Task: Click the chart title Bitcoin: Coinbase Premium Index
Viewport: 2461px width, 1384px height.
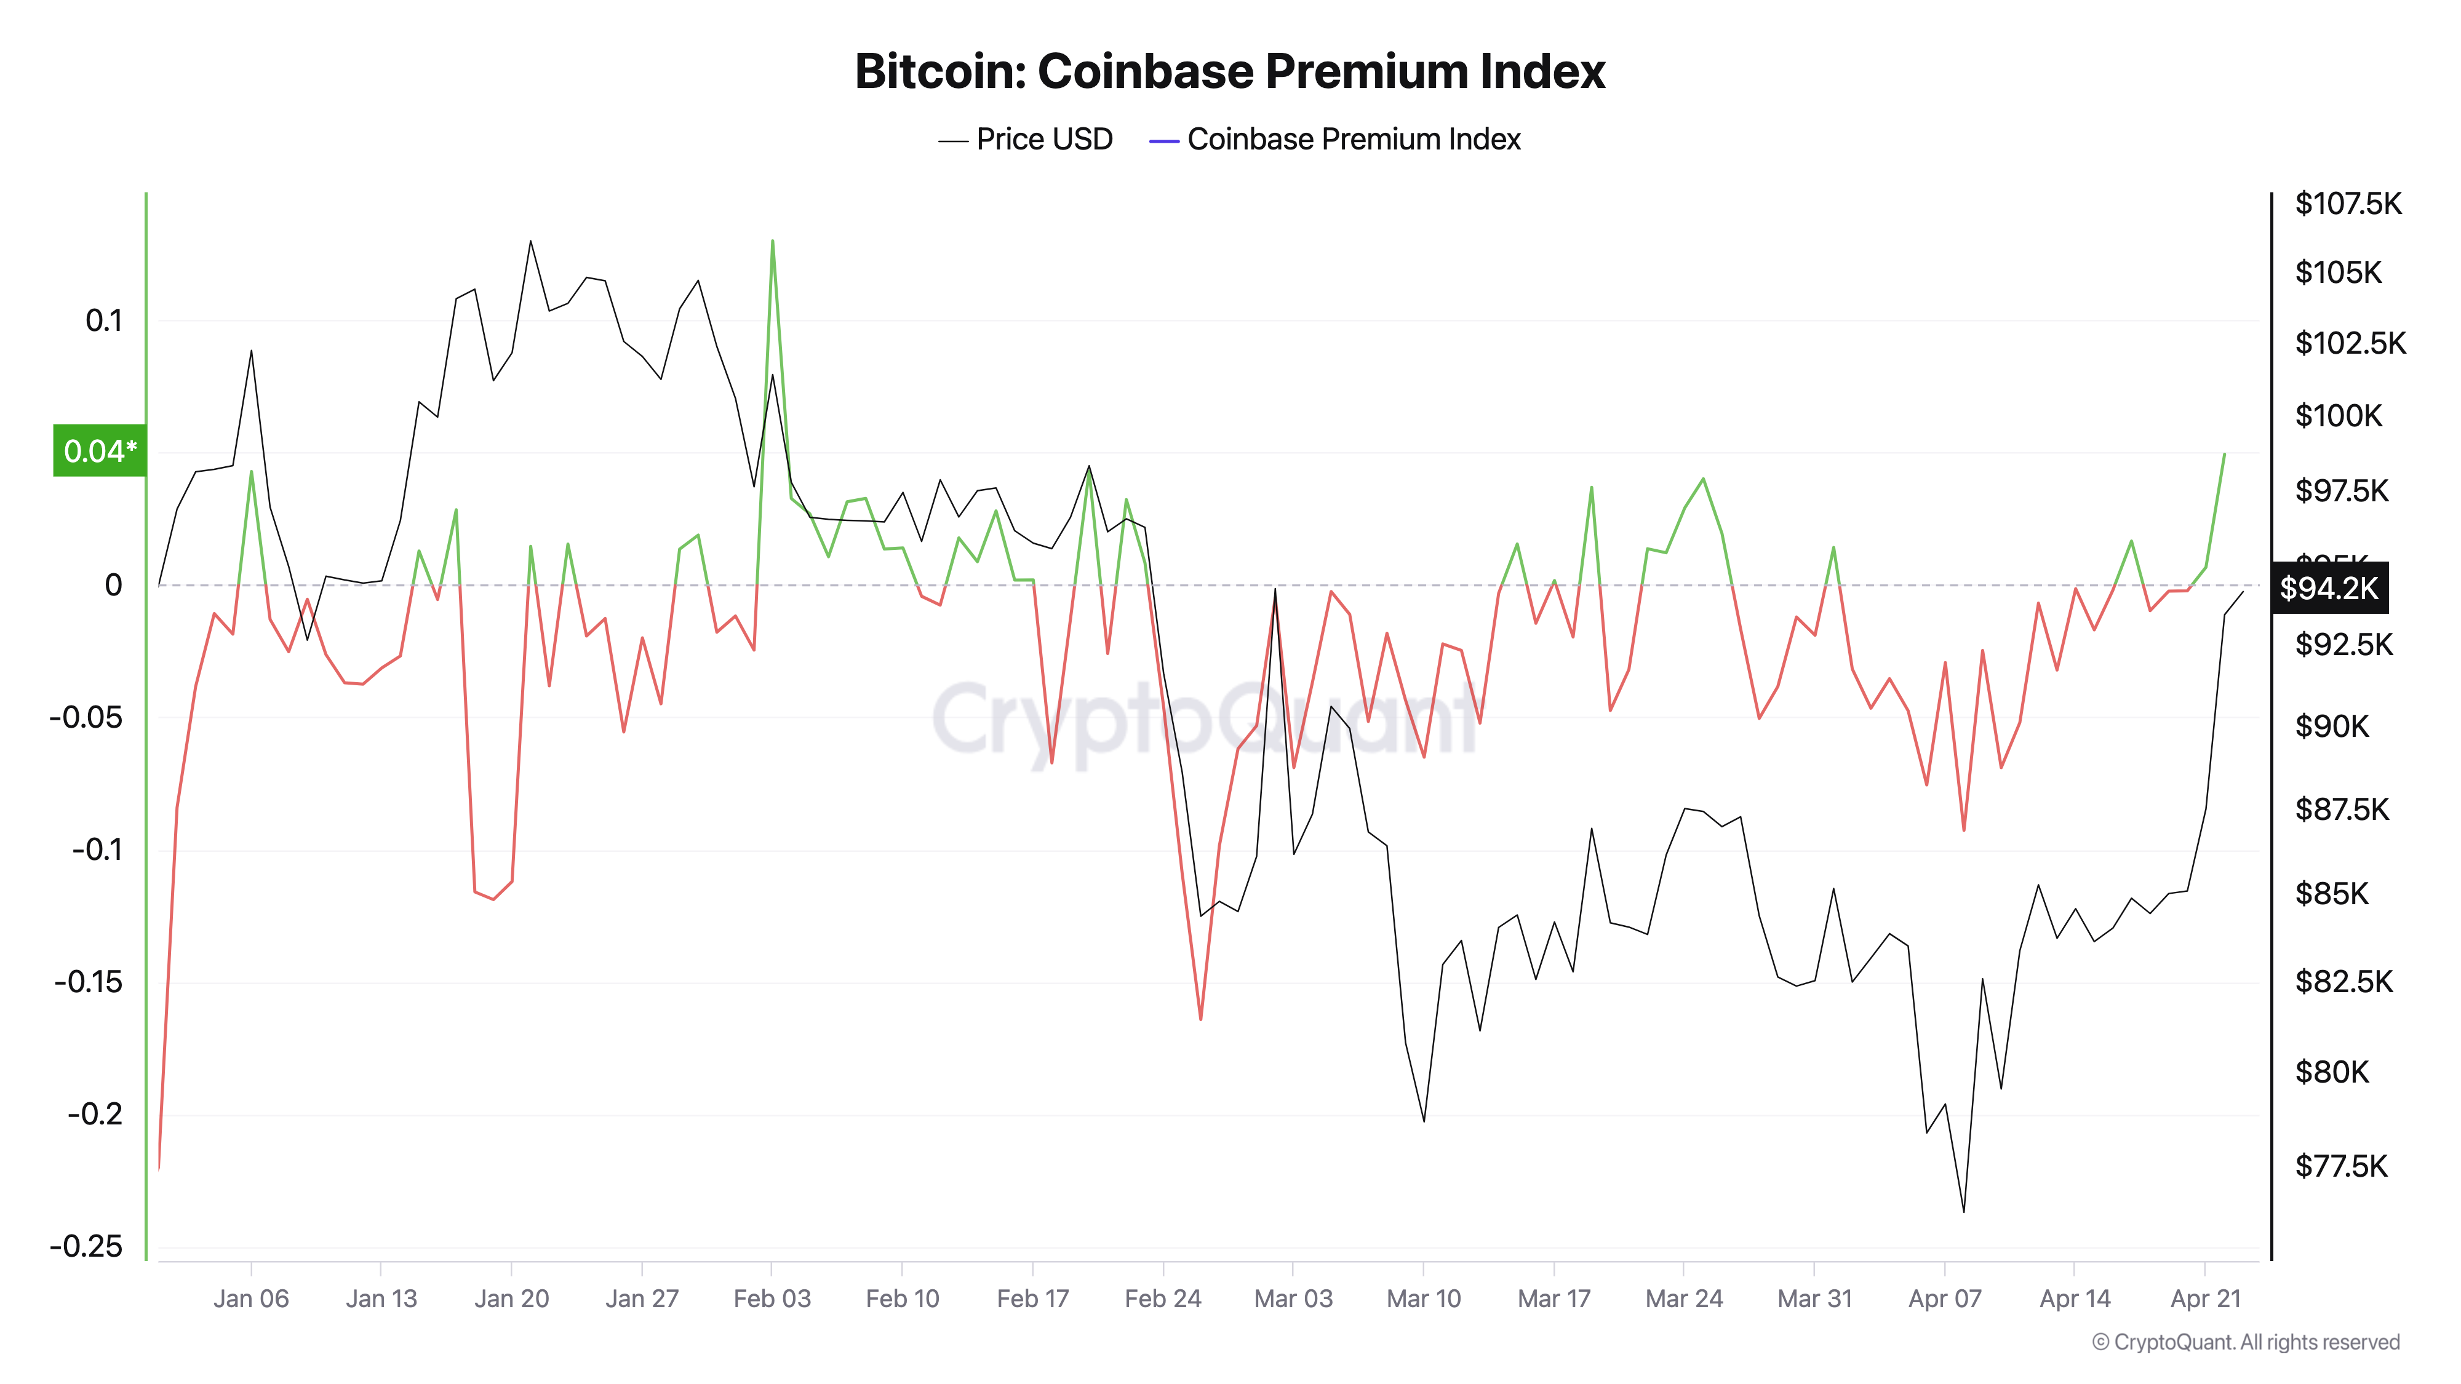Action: click(1229, 71)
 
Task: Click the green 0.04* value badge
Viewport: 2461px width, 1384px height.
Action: click(99, 451)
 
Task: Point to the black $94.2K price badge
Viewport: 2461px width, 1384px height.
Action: click(2329, 587)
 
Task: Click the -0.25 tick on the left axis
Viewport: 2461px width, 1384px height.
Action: click(86, 1246)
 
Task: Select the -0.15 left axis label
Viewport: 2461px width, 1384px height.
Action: click(88, 982)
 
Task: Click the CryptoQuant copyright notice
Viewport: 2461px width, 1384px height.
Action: click(2245, 1342)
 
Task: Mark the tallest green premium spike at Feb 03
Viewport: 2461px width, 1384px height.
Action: click(772, 242)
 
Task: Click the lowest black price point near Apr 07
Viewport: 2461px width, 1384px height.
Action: click(1963, 1211)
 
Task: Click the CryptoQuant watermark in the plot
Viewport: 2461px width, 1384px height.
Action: click(1204, 721)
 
